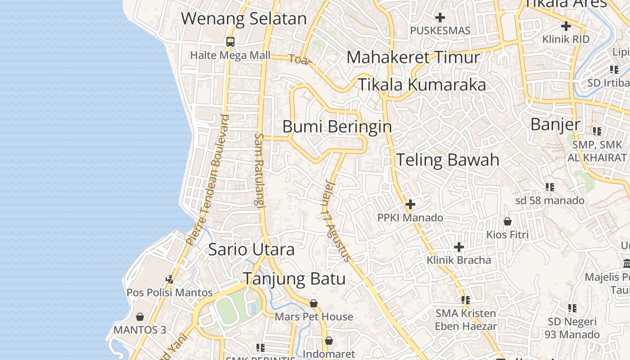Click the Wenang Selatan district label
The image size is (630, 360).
click(243, 19)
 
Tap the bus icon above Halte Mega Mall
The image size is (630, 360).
click(230, 42)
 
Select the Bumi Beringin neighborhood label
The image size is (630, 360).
click(337, 126)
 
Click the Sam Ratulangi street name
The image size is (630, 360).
click(259, 170)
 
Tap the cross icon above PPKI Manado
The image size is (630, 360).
click(410, 205)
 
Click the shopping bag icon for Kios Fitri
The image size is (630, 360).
click(508, 221)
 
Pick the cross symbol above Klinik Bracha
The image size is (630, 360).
click(459, 247)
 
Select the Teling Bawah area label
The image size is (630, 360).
click(447, 160)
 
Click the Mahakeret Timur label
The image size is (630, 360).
click(413, 58)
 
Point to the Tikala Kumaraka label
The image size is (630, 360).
click(422, 85)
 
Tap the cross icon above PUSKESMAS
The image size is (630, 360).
click(440, 18)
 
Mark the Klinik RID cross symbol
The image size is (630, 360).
click(566, 26)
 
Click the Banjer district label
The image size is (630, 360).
click(555, 124)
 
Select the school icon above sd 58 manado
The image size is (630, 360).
click(549, 187)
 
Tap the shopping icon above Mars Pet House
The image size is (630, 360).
click(314, 303)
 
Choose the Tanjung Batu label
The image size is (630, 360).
click(294, 279)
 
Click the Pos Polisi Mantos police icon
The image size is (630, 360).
click(170, 279)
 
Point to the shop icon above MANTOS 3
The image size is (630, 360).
click(140, 317)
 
